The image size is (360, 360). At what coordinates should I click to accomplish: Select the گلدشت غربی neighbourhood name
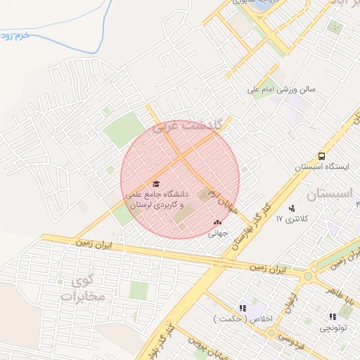(x=188, y=125)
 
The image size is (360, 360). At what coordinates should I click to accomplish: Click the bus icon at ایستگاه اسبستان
(x=321, y=156)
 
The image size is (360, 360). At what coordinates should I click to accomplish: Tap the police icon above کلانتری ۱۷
(x=292, y=207)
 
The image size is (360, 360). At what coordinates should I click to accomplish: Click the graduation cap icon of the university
(x=155, y=184)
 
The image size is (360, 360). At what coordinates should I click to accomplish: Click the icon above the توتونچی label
(x=332, y=317)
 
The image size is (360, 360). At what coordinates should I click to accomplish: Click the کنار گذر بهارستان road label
(x=248, y=224)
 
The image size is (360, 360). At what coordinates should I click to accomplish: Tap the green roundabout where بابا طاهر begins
(x=307, y=276)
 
